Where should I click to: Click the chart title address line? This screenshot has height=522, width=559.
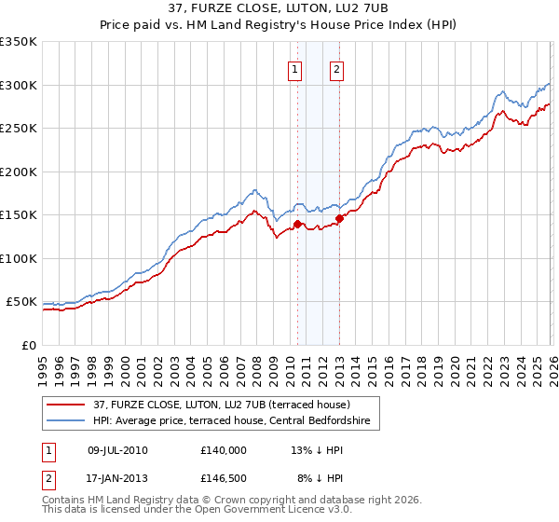(x=279, y=10)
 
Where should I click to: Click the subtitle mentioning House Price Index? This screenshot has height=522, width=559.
(x=279, y=27)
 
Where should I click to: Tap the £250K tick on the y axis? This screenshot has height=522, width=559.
(x=19, y=129)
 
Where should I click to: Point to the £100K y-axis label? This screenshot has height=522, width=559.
(x=19, y=258)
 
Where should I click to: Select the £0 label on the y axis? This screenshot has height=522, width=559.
(x=29, y=345)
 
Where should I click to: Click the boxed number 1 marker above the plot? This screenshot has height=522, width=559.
(x=295, y=68)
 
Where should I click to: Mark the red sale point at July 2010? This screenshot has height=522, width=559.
(x=297, y=224)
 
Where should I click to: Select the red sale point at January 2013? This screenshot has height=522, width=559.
(x=339, y=218)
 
